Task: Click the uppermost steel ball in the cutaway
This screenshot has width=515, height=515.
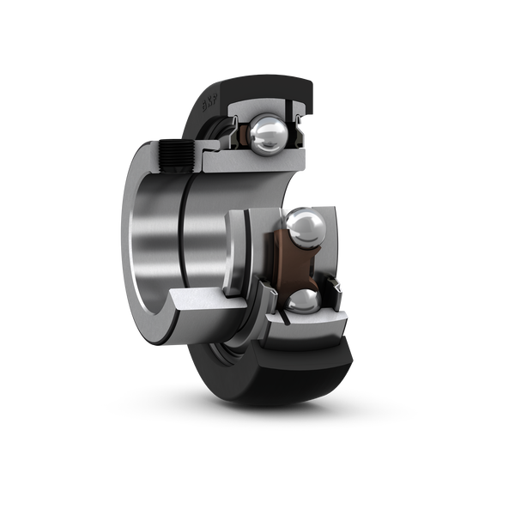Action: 269,132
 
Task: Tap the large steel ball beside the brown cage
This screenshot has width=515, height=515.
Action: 306,228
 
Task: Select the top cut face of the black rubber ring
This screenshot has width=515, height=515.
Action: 266,86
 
